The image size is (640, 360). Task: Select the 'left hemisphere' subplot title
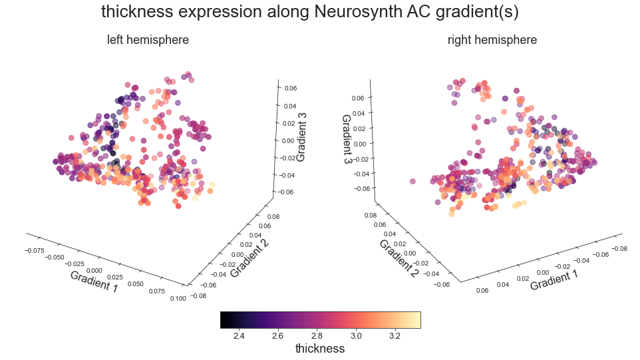click(x=148, y=40)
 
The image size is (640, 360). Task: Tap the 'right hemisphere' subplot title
click(x=492, y=40)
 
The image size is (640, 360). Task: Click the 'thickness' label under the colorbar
click(x=319, y=349)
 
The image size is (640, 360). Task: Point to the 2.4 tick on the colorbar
click(x=238, y=335)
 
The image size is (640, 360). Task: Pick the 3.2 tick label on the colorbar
click(x=395, y=335)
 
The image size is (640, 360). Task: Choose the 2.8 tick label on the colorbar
click(x=316, y=335)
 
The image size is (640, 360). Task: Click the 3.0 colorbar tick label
click(x=355, y=335)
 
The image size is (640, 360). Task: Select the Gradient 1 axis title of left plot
click(x=93, y=280)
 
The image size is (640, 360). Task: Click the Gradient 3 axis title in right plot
click(x=347, y=139)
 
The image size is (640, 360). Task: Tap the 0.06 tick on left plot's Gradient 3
click(x=291, y=88)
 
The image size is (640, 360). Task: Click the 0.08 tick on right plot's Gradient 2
click(x=370, y=216)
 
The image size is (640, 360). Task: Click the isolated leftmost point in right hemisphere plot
click(x=412, y=181)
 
